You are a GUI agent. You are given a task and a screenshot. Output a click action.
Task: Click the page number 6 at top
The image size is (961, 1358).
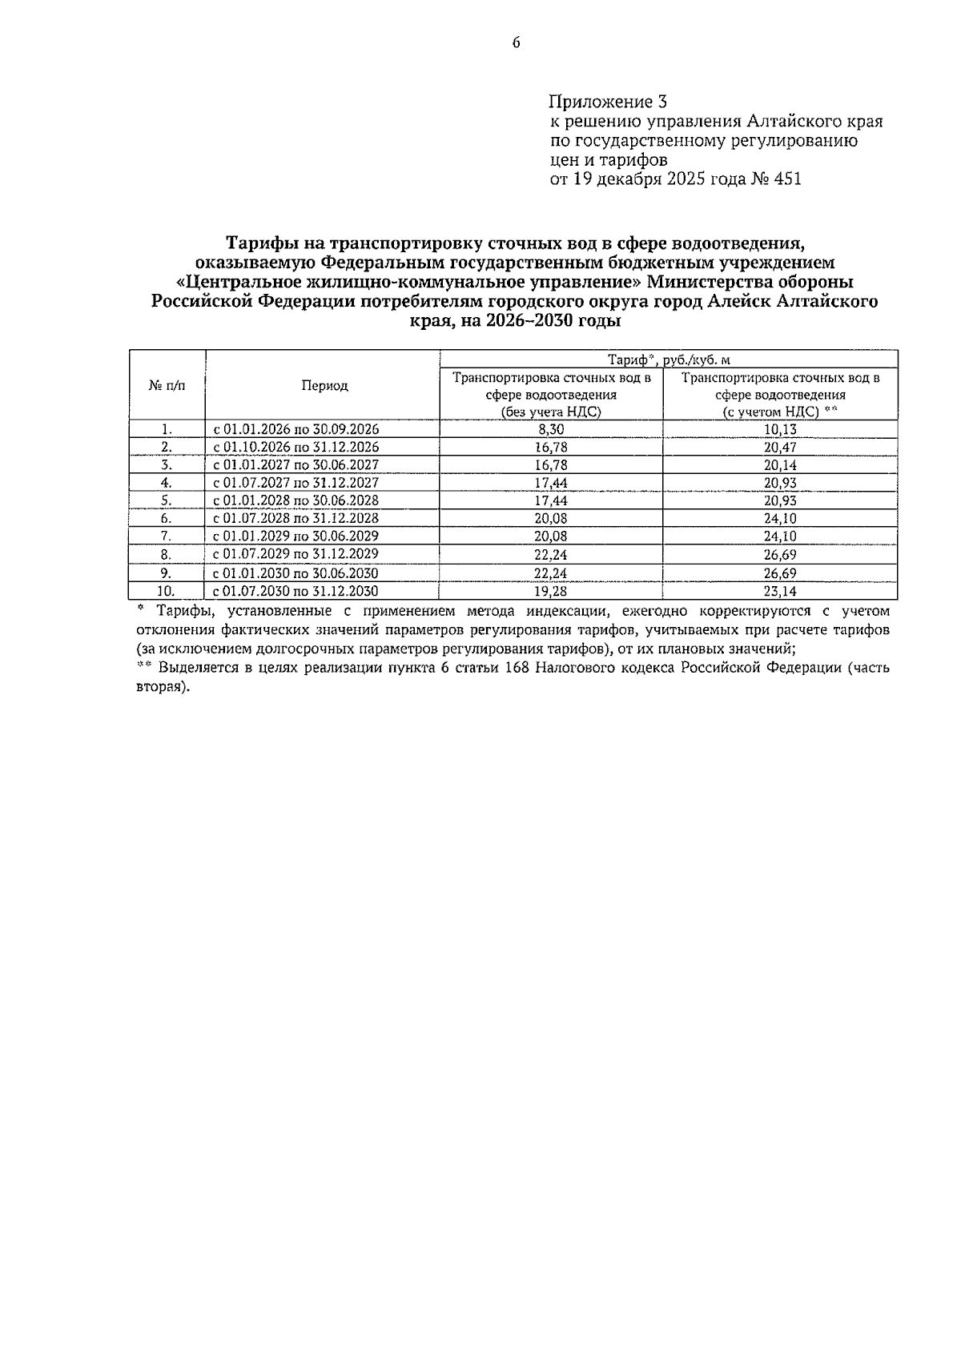(x=516, y=43)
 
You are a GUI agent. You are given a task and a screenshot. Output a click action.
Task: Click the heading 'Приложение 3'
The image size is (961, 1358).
(x=608, y=102)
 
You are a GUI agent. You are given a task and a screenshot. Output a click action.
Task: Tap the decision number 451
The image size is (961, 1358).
(x=786, y=179)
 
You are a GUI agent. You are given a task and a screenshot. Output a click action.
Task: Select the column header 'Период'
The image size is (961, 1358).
(x=324, y=386)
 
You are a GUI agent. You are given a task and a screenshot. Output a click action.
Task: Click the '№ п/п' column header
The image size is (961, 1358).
(x=167, y=386)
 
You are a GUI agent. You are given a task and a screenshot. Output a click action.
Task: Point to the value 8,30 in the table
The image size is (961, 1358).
(x=551, y=429)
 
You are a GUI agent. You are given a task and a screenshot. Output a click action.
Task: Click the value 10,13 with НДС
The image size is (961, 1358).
(x=780, y=429)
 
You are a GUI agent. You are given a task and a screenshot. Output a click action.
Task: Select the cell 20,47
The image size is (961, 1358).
(x=780, y=448)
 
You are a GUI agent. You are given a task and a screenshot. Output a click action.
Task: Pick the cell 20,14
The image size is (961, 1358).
(x=780, y=465)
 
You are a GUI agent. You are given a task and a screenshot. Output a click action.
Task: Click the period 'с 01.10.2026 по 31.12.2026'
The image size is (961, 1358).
(x=296, y=448)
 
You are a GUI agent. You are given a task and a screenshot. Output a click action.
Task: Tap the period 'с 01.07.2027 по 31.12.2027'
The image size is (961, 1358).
(x=296, y=483)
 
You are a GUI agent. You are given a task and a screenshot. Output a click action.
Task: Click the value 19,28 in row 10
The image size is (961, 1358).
(x=551, y=592)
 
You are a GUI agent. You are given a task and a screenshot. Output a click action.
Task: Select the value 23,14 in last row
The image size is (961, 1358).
(x=780, y=592)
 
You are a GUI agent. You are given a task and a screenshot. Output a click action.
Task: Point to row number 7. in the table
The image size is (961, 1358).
(x=167, y=536)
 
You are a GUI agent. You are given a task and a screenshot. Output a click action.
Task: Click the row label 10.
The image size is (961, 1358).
(x=167, y=592)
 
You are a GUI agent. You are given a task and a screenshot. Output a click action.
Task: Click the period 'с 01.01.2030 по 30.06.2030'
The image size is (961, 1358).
(x=296, y=573)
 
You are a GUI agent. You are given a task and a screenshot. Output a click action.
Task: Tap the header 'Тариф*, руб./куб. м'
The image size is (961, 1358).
(x=669, y=360)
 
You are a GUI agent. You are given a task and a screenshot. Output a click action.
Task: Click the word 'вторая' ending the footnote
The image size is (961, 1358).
(x=162, y=687)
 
